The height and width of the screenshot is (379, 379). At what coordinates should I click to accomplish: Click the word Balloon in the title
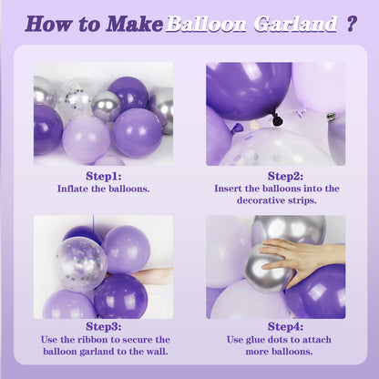click(x=206, y=24)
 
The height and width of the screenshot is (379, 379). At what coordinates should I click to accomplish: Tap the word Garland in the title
click(x=296, y=24)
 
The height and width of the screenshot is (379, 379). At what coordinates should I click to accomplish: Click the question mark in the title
click(x=351, y=24)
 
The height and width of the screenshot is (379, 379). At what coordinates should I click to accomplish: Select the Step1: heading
click(x=104, y=176)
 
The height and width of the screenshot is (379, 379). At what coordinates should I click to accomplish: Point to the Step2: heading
click(x=285, y=176)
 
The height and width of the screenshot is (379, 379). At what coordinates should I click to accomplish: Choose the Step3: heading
click(x=104, y=327)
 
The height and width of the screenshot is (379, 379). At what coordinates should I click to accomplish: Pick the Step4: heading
click(x=285, y=327)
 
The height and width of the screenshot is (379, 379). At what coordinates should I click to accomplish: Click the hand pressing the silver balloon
click(x=303, y=259)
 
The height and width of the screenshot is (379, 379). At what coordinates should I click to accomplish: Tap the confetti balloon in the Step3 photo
click(x=79, y=263)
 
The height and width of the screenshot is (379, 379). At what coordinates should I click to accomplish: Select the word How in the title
click(x=47, y=24)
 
